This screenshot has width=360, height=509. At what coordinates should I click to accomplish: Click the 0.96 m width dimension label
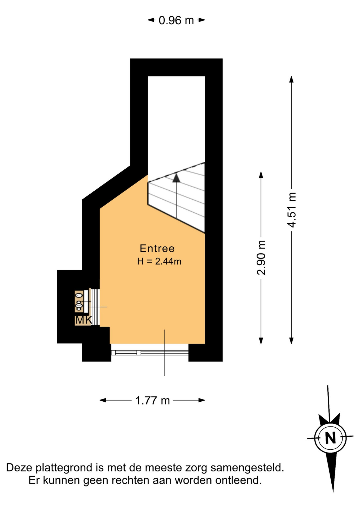tap(176, 20)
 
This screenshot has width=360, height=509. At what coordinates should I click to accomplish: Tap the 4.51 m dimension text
tap(292, 210)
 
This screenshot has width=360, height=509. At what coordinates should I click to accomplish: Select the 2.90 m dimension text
tap(261, 258)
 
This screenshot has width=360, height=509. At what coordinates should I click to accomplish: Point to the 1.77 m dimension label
tap(152, 400)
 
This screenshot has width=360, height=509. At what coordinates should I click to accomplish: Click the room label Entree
tap(157, 248)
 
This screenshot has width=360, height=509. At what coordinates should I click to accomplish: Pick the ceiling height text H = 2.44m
tap(159, 261)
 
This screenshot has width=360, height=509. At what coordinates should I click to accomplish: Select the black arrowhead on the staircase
tap(176, 178)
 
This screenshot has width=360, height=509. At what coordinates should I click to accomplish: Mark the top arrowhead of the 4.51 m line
tap(291, 79)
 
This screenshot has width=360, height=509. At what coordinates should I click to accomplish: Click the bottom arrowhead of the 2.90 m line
tap(261, 341)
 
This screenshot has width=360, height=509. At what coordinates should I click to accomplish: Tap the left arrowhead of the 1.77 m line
tap(103, 400)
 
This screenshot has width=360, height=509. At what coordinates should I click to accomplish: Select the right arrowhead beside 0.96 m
tap(202, 20)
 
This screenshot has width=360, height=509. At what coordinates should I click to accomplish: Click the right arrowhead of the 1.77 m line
tap(202, 400)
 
